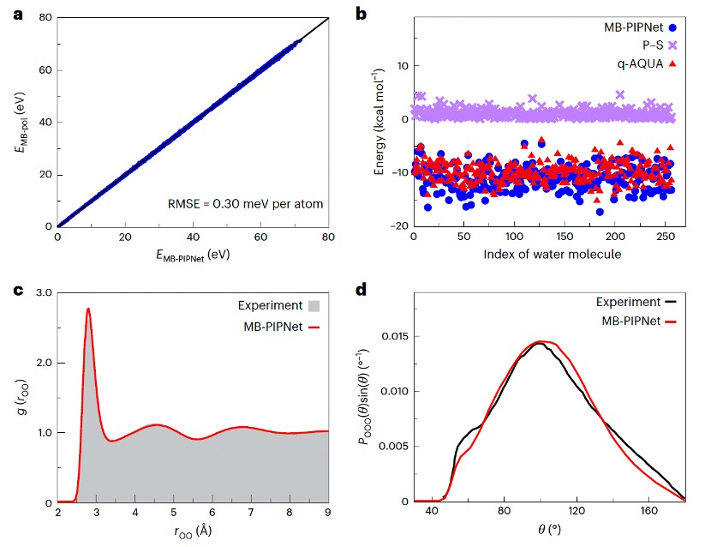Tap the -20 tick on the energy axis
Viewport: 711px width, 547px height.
[399, 226]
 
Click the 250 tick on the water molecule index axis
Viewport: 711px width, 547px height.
[666, 237]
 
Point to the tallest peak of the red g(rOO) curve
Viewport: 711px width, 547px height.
[88, 309]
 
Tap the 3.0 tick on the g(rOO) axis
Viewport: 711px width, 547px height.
[41, 293]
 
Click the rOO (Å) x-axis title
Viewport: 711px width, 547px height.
[193, 532]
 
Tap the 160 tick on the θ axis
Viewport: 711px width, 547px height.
[648, 512]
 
